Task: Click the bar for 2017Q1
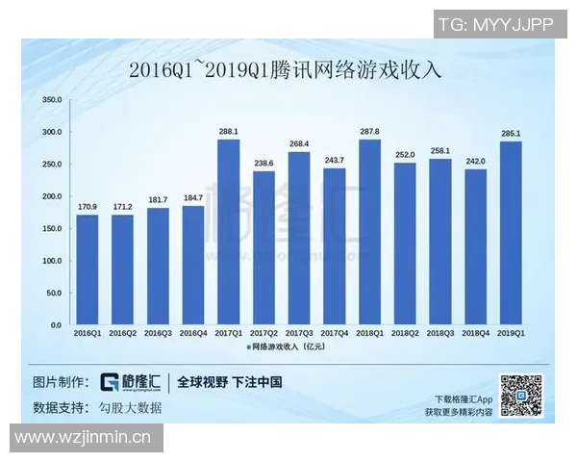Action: [228, 232]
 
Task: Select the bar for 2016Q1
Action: [88, 269]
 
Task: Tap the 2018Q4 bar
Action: [475, 246]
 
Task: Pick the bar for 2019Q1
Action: [511, 233]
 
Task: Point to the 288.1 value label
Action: [228, 132]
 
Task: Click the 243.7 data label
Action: [334, 160]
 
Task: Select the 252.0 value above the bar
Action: [405, 155]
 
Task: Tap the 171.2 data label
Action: [122, 207]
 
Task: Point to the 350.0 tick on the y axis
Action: [52, 100]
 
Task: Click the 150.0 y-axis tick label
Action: [52, 229]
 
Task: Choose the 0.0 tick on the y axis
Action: [56, 325]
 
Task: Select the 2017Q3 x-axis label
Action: [299, 333]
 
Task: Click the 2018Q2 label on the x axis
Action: [405, 333]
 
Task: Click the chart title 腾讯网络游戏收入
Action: [288, 70]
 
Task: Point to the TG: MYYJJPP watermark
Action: [495, 24]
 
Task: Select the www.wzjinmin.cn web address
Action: [84, 438]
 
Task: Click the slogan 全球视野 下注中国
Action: [230, 382]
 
